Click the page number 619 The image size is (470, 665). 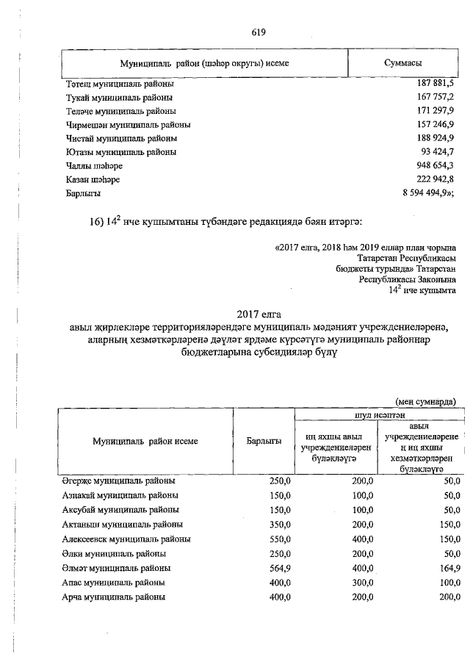pos(257,32)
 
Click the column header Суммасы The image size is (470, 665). pos(408,63)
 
